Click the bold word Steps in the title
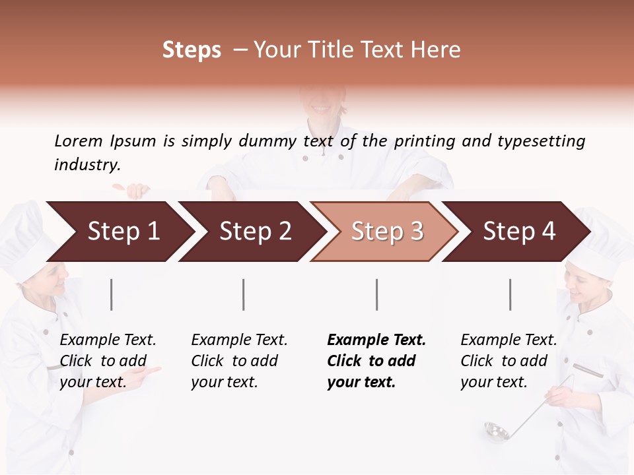192,50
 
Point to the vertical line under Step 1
112,294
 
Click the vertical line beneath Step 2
244,294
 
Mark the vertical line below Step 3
376,294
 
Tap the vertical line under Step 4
510,294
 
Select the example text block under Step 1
108,361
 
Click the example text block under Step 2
239,361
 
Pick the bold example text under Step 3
376,361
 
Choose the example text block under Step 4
509,361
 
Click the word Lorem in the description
79,141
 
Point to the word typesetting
541,141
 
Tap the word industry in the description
87,164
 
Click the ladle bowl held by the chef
496,431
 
